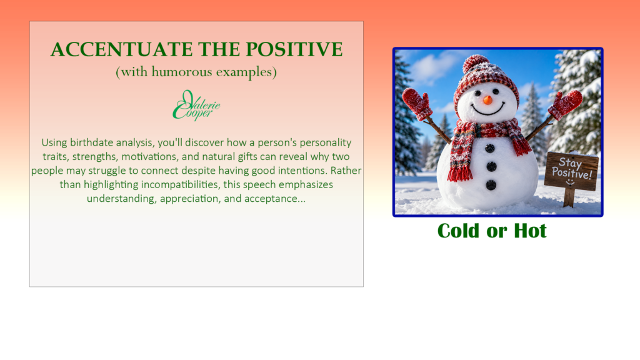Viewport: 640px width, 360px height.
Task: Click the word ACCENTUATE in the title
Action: click(121, 50)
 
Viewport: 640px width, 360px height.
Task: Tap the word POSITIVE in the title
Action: click(294, 50)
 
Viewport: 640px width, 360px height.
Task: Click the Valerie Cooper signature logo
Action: click(196, 105)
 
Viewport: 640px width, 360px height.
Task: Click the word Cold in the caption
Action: click(458, 231)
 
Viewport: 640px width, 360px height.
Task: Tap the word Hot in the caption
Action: click(530, 231)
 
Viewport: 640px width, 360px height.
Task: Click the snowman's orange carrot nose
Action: click(487, 100)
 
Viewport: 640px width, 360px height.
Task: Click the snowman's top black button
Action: click(490, 148)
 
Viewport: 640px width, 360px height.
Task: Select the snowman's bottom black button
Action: click(491, 185)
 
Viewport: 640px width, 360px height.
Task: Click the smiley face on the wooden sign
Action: click(570, 181)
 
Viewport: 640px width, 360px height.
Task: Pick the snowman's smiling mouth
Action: click(487, 109)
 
